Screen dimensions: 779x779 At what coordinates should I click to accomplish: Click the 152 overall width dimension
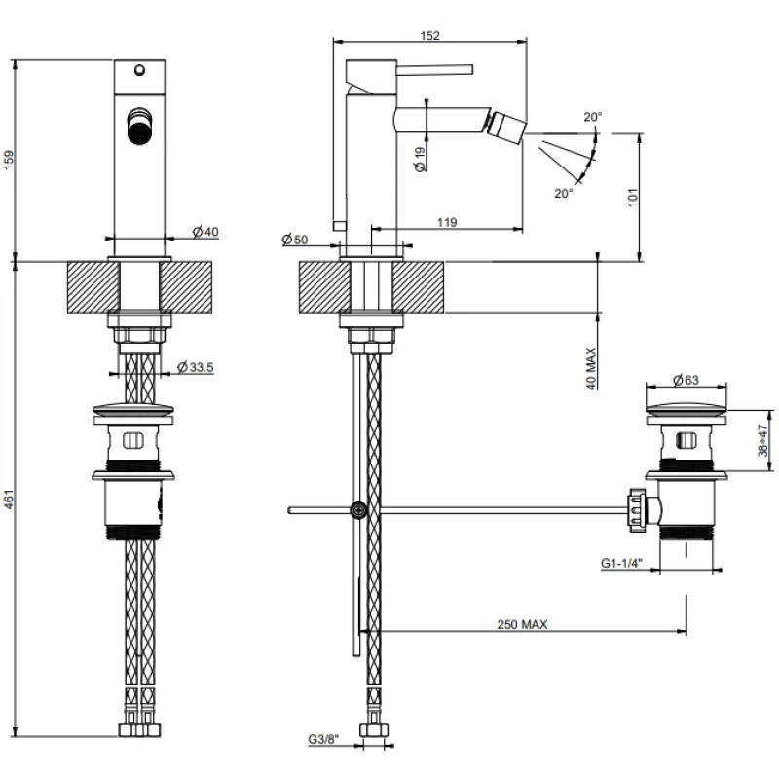pyautogui.click(x=430, y=36)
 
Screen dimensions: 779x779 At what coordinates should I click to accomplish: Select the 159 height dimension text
pyautogui.click(x=10, y=159)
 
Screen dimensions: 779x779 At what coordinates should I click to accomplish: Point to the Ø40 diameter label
pyautogui.click(x=205, y=231)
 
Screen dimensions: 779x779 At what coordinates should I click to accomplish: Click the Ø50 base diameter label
pyautogui.click(x=294, y=240)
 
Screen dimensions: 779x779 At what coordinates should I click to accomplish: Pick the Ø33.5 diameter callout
pyautogui.click(x=196, y=366)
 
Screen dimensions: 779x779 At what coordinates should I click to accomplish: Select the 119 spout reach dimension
pyautogui.click(x=447, y=223)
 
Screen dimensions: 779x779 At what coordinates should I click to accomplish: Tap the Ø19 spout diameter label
pyautogui.click(x=420, y=159)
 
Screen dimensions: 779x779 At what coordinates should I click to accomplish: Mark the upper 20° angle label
pyautogui.click(x=593, y=117)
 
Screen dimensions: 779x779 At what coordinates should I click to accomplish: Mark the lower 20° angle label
pyautogui.click(x=564, y=193)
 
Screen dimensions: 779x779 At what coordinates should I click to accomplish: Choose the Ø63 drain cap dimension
pyautogui.click(x=687, y=380)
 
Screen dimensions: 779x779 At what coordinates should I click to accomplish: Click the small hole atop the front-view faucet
pyautogui.click(x=138, y=70)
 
